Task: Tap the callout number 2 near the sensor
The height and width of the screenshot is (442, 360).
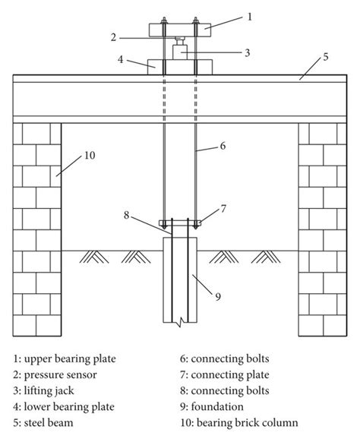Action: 112,36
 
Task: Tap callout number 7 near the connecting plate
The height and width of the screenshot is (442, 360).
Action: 223,207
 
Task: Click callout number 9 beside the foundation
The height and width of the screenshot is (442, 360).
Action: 217,297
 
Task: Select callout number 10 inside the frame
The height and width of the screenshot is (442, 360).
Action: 89,156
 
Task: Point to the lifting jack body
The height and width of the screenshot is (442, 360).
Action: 180,53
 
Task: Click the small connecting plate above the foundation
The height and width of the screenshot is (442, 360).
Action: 180,223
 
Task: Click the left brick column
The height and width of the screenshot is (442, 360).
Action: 37,228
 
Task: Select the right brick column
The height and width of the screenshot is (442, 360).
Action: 322,228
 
